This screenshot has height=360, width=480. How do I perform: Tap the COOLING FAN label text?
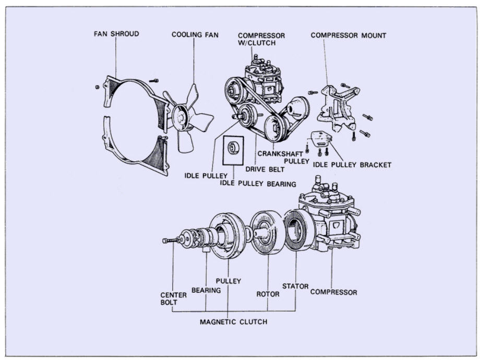195,35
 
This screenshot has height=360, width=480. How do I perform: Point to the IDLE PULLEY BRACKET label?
352,165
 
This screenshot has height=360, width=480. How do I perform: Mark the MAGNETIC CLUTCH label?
233,322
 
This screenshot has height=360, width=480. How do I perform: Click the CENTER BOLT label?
173,298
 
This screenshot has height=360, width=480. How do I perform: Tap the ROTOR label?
268,294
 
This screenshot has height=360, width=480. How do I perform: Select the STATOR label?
295,286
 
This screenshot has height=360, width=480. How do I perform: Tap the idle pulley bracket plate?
321,139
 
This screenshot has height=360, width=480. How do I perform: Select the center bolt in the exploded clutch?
171,241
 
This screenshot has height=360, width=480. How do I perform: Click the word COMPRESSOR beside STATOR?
333,292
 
